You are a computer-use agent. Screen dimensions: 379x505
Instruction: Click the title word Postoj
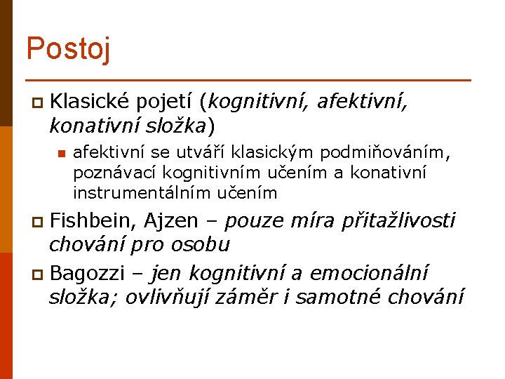(67, 48)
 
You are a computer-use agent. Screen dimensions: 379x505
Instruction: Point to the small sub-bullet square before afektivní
(61, 153)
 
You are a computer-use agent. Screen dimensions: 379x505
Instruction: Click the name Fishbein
(94, 222)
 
